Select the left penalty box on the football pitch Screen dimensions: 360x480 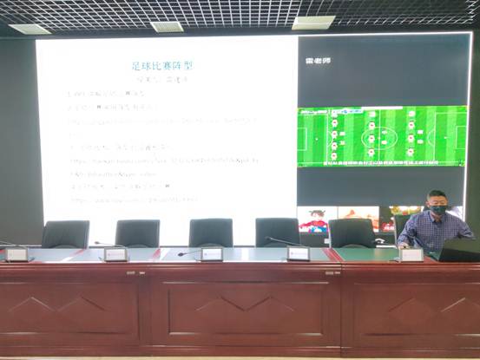pyautogui.click(x=305, y=136)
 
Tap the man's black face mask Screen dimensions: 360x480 pyautogui.click(x=437, y=209)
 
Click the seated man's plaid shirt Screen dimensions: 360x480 pyautogui.click(x=434, y=231)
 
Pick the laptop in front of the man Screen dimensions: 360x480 pyautogui.click(x=459, y=250)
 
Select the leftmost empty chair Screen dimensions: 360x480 pyautogui.click(x=65, y=233)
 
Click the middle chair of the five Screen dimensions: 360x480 pyautogui.click(x=211, y=232)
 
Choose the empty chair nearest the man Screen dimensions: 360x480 pyautogui.click(x=352, y=232)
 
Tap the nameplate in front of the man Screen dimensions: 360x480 pyautogui.click(x=411, y=254)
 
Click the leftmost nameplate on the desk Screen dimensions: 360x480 pyautogui.click(x=16, y=254)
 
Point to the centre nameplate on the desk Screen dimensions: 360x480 pyautogui.click(x=211, y=253)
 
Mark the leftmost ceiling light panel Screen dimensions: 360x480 pyautogui.click(x=30, y=29)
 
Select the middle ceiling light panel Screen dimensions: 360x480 pyautogui.click(x=168, y=26)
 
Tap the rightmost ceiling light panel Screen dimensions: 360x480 pyautogui.click(x=313, y=23)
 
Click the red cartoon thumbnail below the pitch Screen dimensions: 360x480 pyautogui.click(x=314, y=219)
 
